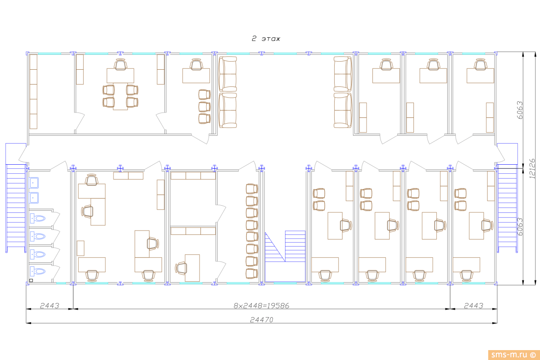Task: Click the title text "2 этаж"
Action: (x=266, y=39)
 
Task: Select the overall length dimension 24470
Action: (x=261, y=320)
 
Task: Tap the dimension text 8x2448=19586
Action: (x=261, y=306)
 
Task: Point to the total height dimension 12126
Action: (x=532, y=169)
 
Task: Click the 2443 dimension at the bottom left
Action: (x=50, y=306)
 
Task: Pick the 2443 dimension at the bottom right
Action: (x=473, y=306)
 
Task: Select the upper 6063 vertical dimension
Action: (x=520, y=110)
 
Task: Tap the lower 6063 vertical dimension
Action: (x=520, y=226)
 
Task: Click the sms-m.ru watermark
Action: (x=513, y=355)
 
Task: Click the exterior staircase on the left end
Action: (x=16, y=208)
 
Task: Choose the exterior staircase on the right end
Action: (x=507, y=208)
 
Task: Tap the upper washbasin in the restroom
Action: (x=34, y=183)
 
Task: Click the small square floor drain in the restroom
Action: (x=31, y=280)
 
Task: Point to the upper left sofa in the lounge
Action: (x=227, y=74)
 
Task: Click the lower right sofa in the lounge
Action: (x=343, y=111)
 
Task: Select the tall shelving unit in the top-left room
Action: (x=33, y=91)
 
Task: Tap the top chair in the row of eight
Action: (x=252, y=189)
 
